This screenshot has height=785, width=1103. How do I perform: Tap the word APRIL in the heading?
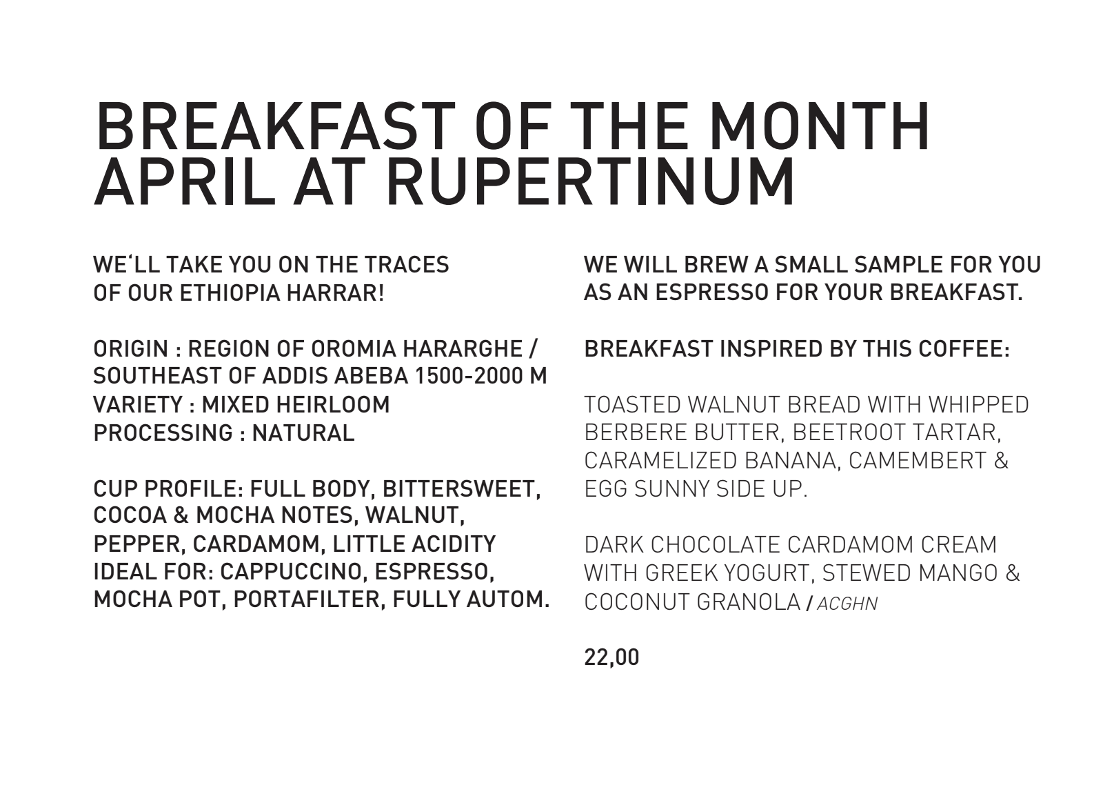click(x=185, y=182)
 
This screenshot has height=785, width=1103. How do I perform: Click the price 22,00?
click(x=611, y=657)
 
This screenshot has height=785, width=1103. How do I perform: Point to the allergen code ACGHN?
click(x=847, y=604)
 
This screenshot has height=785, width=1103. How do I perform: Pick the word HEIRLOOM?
click(x=333, y=405)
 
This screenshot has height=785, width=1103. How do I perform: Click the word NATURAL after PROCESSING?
click(x=303, y=433)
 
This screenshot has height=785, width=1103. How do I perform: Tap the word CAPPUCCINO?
click(x=294, y=572)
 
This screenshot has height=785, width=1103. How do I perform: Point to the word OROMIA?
click(x=354, y=349)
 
